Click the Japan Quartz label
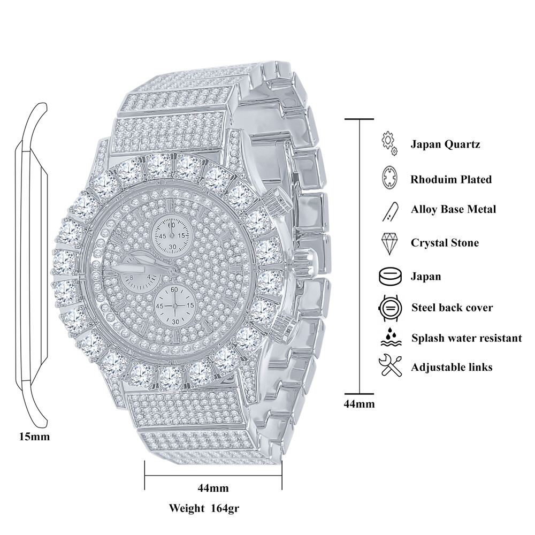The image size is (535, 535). tap(445, 144)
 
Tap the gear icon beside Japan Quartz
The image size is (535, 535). tap(389, 144)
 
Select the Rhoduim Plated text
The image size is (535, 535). tap(451, 179)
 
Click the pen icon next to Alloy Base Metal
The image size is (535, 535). tap(388, 210)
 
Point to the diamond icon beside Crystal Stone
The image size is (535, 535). tap(388, 243)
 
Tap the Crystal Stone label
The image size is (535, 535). tap(445, 243)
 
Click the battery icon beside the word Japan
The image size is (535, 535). tap(388, 277)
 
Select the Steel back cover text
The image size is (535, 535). tap(452, 308)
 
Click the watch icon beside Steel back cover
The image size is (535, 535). tap(388, 308)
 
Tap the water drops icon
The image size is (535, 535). tap(388, 338)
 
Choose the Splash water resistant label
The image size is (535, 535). tap(467, 338)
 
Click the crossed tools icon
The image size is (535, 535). tap(388, 367)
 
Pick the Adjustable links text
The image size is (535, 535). tap(452, 368)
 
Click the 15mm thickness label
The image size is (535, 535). tap(34, 437)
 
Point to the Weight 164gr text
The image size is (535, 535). tap(204, 508)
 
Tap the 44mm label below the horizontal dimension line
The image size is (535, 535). tap(213, 488)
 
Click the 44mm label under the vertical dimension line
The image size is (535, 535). tap(359, 404)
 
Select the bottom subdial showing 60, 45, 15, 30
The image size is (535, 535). tap(174, 305)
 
